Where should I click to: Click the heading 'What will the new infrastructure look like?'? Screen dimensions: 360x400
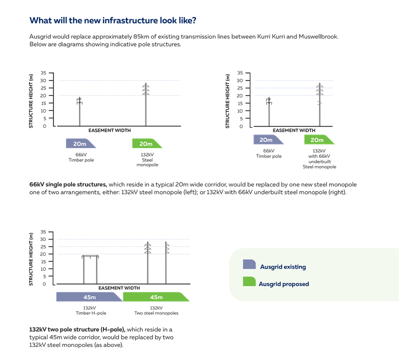pos(113,20)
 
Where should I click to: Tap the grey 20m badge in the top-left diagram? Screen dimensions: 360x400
pos(80,144)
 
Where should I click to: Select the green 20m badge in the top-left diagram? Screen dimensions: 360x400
pos(146,144)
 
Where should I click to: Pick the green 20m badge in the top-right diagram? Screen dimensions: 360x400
pos(317,140)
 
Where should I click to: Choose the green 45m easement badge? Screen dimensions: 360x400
pos(155,297)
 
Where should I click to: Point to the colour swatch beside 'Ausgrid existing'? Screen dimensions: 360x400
pos(249,265)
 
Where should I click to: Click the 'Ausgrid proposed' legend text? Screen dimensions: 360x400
pos(283,284)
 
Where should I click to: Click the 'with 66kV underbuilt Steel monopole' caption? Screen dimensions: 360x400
pos(319,158)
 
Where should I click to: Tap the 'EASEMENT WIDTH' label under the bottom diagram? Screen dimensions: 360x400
pos(119,288)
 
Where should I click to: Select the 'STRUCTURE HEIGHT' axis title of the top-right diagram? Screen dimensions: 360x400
pos(228,100)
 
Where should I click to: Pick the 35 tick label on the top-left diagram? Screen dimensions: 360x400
pos(43,73)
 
